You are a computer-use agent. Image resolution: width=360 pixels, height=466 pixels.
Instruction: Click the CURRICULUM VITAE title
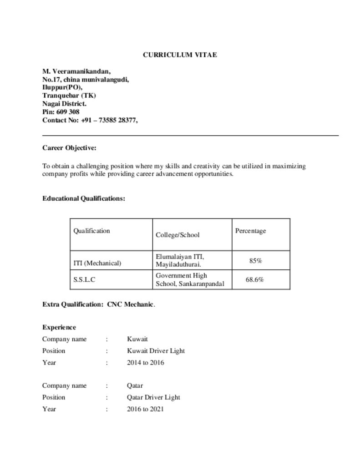coord(180,55)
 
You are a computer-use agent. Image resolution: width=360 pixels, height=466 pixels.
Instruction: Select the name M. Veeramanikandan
coord(76,71)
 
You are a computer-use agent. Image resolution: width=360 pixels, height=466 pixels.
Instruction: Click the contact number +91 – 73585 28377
coord(109,120)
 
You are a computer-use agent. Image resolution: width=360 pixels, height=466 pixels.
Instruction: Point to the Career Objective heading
coord(69,148)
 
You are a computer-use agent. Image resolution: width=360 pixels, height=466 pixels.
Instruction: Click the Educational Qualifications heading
coord(84,198)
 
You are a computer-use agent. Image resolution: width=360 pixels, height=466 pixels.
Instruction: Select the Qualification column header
coord(91,231)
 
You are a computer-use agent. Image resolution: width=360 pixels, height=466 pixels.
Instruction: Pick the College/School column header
coord(177,235)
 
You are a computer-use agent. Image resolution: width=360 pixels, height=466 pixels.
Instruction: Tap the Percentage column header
coord(250,231)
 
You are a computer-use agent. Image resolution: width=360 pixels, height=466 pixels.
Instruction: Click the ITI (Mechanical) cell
coord(97,263)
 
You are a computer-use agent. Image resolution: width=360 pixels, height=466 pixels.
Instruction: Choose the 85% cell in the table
coord(255,261)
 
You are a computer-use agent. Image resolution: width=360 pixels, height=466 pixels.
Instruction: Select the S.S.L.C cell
coord(84,280)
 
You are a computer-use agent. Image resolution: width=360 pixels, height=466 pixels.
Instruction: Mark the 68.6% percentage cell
coord(255,280)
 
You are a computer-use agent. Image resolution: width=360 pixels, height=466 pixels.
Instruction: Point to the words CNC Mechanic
coord(130,304)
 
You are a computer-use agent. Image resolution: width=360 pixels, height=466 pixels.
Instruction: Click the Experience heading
coord(59,327)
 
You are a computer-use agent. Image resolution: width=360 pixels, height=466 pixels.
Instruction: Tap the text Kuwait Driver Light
coord(156,351)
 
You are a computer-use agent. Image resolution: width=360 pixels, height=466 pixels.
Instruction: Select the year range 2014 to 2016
coord(146,363)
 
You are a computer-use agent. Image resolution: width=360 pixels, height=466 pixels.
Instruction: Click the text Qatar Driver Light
coord(153,397)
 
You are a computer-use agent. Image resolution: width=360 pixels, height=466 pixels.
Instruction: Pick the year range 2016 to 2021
coord(145,409)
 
